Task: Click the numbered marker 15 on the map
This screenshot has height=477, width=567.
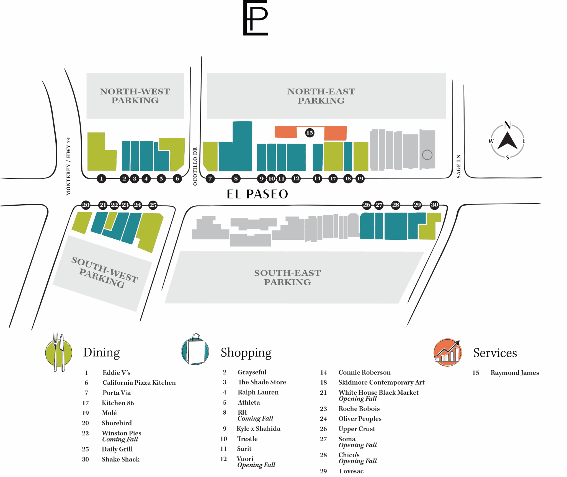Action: pos(309,132)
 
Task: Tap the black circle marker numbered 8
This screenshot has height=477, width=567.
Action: pos(236,178)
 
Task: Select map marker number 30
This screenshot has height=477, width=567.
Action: pos(434,205)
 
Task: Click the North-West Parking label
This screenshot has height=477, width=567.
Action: pos(135,96)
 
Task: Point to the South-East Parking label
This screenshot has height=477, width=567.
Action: pos(287,277)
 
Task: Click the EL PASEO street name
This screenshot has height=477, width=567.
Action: pos(257,194)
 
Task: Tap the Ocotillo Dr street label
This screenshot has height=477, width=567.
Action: pos(195,166)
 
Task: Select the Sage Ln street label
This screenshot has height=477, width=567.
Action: pos(458,166)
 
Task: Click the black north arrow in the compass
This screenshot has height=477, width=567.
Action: pos(507,141)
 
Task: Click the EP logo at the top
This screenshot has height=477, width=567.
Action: pos(255,18)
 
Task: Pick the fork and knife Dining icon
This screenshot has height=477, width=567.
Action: pos(59,352)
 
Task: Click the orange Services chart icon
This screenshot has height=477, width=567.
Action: pos(447,352)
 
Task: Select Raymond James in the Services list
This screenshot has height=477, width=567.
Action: pos(514,373)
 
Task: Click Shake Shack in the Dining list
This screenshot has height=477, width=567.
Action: pos(120,459)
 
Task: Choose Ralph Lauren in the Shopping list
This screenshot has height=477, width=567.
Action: pos(258,392)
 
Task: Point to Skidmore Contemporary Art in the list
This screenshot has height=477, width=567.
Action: pos(381,382)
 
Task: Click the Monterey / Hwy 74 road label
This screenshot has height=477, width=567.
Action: pos(68,166)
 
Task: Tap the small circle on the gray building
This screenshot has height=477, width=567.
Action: pos(427,155)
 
